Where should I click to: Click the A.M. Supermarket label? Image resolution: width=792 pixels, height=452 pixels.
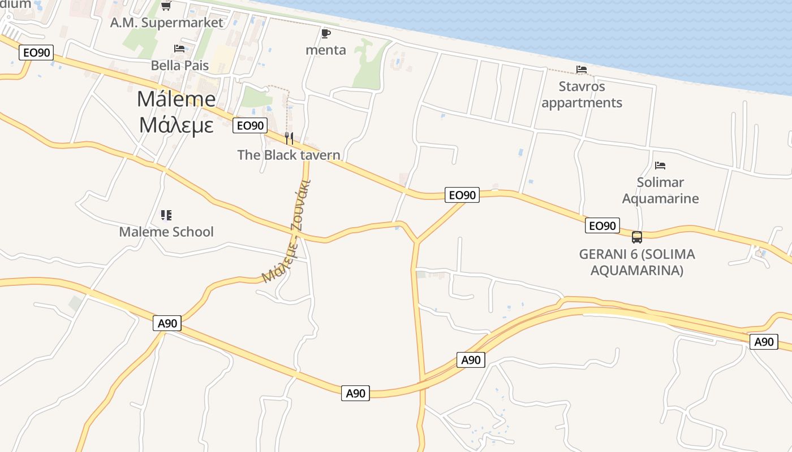167,23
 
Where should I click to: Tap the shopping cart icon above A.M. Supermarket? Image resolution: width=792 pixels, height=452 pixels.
166,6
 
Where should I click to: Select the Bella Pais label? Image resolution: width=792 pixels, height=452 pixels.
179,66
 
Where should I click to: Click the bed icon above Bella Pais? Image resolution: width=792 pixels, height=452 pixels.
179,49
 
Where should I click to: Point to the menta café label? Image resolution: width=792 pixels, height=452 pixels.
325,50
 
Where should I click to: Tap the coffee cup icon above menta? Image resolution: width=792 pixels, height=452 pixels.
325,33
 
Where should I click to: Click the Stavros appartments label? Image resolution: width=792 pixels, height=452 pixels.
582,94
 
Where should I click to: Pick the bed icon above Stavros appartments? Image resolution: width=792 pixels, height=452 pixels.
581,69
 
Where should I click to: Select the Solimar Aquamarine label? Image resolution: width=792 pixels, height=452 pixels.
660,190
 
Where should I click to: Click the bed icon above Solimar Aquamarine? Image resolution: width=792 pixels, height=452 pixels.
660,166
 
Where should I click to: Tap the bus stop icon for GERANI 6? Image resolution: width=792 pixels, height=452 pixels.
636,237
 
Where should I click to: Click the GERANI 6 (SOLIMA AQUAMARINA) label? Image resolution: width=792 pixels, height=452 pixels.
636,262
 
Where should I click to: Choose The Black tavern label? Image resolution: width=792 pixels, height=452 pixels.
289,155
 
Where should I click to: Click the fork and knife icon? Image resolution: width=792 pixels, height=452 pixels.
289,138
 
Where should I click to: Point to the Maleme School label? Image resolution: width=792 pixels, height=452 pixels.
166,232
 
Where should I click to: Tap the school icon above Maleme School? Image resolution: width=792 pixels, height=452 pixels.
166,215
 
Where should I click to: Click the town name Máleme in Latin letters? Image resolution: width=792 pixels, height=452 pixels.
176,99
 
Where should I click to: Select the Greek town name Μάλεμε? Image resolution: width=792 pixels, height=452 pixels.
176,125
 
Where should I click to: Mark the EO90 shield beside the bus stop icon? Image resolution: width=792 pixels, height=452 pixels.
602,226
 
